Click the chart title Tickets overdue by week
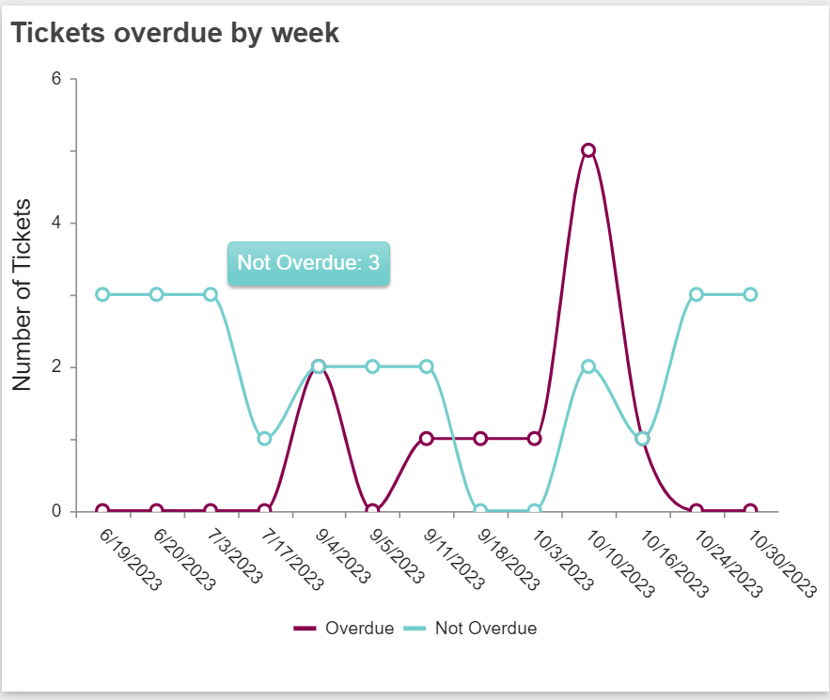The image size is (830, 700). tap(175, 33)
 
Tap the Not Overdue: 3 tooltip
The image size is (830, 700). tap(308, 262)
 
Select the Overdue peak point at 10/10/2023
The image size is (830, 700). tap(588, 150)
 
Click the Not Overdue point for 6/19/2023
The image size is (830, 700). tap(102, 294)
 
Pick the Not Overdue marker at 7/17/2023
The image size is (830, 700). tap(265, 439)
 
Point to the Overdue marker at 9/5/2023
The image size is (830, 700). tap(372, 511)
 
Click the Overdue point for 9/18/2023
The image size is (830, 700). tap(480, 439)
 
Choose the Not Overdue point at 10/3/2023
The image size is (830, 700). tap(535, 511)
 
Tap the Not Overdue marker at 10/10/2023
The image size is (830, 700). tap(588, 366)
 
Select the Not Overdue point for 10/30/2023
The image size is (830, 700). tap(750, 294)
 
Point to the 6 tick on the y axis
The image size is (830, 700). tap(56, 79)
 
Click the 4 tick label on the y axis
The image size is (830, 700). tap(56, 223)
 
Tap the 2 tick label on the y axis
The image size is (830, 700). tap(56, 366)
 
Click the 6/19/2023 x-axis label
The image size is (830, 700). tap(131, 558)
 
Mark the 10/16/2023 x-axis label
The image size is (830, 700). tap(673, 560)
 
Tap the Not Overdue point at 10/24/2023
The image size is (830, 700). tap(697, 294)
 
